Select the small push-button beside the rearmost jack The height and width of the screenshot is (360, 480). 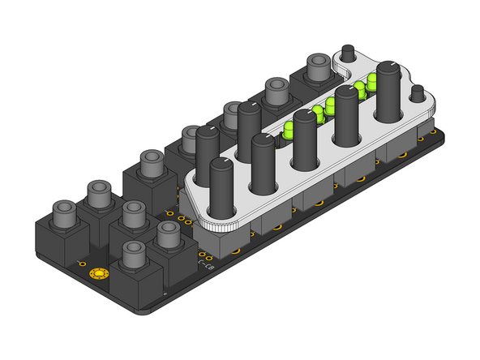349,51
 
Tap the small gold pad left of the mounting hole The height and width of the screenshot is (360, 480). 80,264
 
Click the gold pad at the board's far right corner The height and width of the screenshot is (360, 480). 422,139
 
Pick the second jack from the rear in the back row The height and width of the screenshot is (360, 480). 276,92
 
